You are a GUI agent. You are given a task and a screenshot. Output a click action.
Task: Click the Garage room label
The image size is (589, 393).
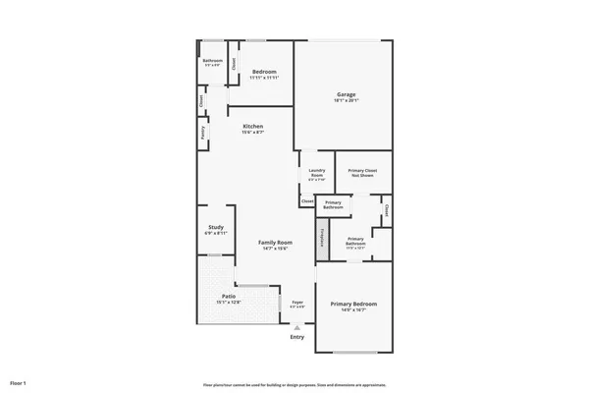pyautogui.click(x=345, y=94)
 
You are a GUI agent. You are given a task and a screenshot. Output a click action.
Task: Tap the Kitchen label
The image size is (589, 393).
pyautogui.click(x=253, y=127)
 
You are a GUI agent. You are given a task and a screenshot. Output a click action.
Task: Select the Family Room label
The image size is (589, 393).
pyautogui.click(x=275, y=242)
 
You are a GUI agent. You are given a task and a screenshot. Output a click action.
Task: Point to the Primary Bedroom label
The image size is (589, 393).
pyautogui.click(x=353, y=304)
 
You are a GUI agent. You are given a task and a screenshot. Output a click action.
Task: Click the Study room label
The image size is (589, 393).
pyautogui.click(x=215, y=228)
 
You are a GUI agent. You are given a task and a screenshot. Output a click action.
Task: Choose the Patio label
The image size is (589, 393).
pyautogui.click(x=229, y=296)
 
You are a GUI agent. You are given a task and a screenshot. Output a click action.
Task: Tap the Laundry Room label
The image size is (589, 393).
pyautogui.click(x=316, y=172)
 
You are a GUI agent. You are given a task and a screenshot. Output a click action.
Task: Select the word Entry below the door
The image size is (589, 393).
pyautogui.click(x=297, y=337)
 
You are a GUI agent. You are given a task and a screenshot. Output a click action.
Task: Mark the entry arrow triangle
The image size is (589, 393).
pyautogui.click(x=297, y=327)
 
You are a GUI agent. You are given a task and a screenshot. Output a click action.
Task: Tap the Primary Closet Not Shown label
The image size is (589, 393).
pyautogui.click(x=362, y=173)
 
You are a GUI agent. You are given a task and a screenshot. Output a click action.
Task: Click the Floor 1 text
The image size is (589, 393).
pyautogui.click(x=18, y=381)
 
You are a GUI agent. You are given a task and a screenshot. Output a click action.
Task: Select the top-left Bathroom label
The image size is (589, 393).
pyautogui.click(x=213, y=61)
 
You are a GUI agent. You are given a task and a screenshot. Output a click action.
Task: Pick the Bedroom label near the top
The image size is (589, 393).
pyautogui.click(x=264, y=72)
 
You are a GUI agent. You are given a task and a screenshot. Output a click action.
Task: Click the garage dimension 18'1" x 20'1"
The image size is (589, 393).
pyautogui.click(x=345, y=101)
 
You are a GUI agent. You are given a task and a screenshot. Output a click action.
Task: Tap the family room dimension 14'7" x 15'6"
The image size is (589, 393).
pyautogui.click(x=275, y=249)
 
